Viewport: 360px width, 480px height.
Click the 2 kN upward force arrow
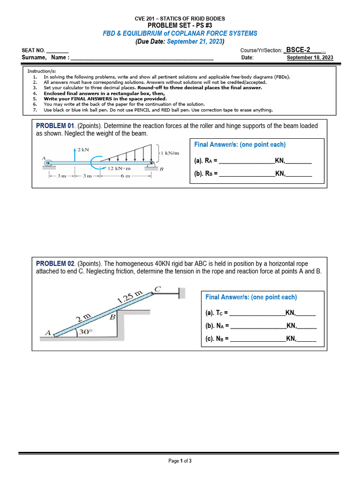coord(75,155)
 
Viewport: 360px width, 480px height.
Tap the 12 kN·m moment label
coord(119,168)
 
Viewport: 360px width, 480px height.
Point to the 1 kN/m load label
coord(170,153)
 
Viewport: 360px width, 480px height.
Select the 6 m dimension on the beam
coord(124,176)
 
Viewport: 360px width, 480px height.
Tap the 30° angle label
coord(85,332)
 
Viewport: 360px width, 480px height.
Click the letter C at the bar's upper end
coord(157,289)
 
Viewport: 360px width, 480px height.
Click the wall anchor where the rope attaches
coord(182,293)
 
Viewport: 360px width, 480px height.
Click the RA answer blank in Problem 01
coord(247,161)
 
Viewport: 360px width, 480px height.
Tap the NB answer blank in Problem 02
coord(258,338)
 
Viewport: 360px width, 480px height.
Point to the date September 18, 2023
coord(310,58)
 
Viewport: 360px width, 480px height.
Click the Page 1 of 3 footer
coord(180,461)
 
